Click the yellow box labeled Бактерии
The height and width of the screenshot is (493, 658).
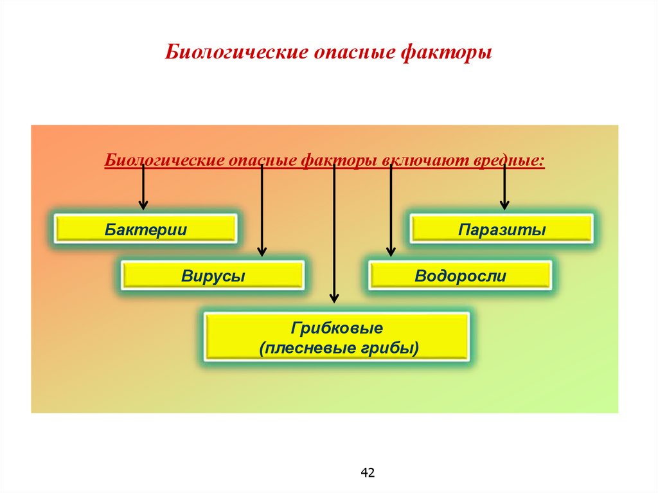pyautogui.click(x=145, y=229)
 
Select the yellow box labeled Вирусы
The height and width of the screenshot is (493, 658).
pyautogui.click(x=213, y=276)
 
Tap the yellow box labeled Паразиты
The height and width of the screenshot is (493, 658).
pyautogui.click(x=502, y=229)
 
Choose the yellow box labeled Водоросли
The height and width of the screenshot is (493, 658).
pyautogui.click(x=460, y=276)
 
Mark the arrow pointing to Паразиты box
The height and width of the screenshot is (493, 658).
pyautogui.click(x=504, y=186)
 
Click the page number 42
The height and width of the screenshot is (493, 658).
pyautogui.click(x=368, y=473)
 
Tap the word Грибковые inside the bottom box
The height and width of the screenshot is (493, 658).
pyautogui.click(x=337, y=328)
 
